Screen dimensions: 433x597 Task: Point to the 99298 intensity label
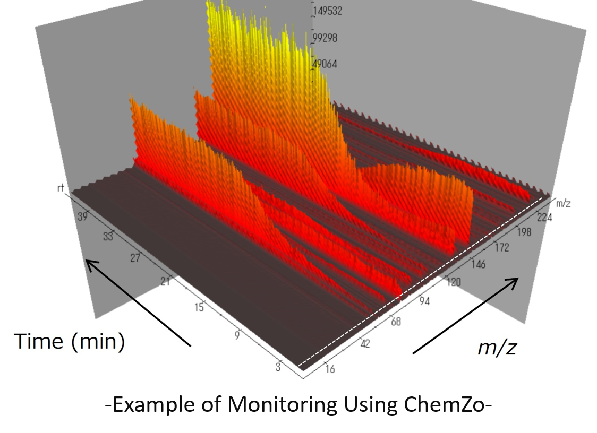(x=325, y=38)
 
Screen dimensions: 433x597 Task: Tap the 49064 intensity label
(x=325, y=64)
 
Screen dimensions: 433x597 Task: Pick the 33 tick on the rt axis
(x=108, y=237)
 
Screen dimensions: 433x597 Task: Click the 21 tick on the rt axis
(x=165, y=281)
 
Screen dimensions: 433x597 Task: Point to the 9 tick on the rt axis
(x=237, y=335)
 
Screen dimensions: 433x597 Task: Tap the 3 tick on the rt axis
(x=278, y=367)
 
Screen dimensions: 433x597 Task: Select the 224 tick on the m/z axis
(x=543, y=217)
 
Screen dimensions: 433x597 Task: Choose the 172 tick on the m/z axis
(x=500, y=247)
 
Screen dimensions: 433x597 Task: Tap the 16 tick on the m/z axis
(x=329, y=369)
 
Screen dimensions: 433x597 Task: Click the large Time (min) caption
(x=69, y=341)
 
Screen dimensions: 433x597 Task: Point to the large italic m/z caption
(x=497, y=348)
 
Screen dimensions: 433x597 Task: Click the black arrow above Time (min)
(x=138, y=302)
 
